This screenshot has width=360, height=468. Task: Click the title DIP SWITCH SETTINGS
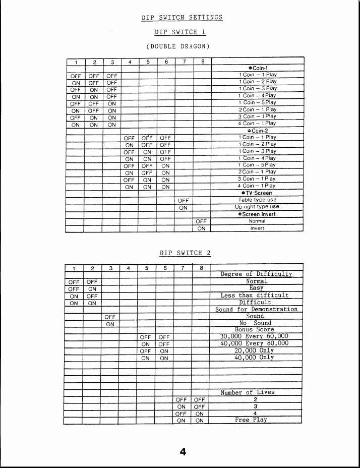(182, 18)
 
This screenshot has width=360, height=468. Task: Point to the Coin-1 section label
(258, 68)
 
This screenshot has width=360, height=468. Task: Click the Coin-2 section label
(258, 131)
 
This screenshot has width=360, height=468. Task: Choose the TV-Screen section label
(257, 193)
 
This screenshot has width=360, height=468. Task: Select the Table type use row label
(258, 200)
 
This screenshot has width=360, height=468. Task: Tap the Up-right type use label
(257, 207)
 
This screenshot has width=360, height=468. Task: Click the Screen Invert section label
(257, 214)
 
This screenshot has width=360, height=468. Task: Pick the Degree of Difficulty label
(256, 274)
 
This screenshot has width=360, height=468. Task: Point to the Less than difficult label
(255, 296)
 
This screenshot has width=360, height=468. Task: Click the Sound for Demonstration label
(256, 309)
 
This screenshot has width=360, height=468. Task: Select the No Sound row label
(255, 323)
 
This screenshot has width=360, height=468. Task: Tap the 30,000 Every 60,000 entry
(255, 336)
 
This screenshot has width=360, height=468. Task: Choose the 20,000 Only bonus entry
(255, 350)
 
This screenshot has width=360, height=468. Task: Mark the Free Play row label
(251, 420)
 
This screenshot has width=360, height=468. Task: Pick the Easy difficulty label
(256, 288)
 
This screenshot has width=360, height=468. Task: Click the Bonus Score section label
(255, 330)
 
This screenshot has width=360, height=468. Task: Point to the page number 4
(183, 452)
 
